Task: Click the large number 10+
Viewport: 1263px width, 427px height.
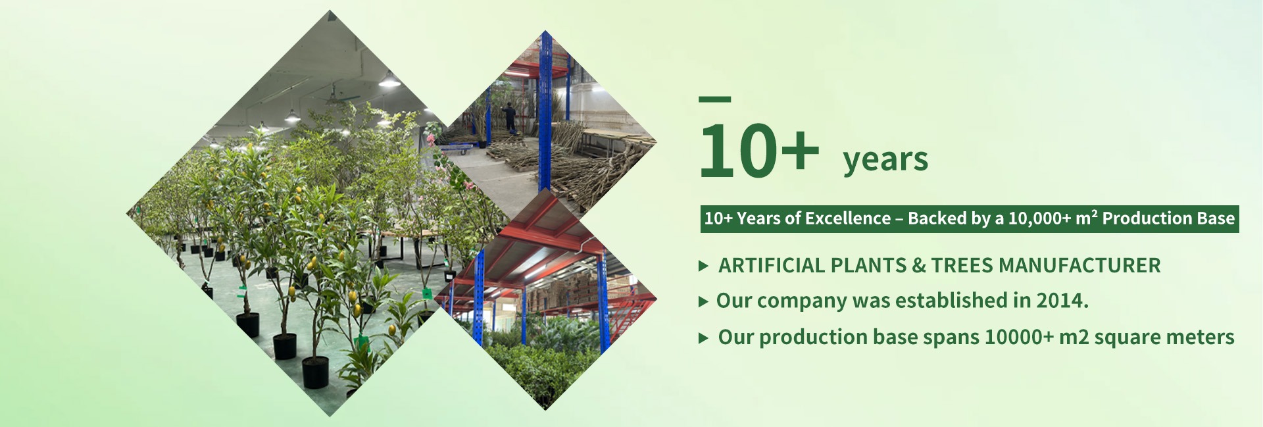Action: click(759, 150)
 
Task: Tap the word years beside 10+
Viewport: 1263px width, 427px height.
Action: click(885, 160)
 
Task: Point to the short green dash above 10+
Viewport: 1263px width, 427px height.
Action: click(715, 99)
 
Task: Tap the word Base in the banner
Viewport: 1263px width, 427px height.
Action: click(1221, 218)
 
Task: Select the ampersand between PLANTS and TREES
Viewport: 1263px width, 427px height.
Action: click(919, 265)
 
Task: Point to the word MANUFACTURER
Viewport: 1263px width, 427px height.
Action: click(1079, 265)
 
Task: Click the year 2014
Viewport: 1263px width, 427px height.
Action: click(1062, 301)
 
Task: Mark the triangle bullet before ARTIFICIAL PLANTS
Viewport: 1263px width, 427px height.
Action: click(704, 266)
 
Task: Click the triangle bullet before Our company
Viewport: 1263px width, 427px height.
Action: click(704, 302)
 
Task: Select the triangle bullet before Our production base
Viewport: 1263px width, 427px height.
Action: click(704, 338)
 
